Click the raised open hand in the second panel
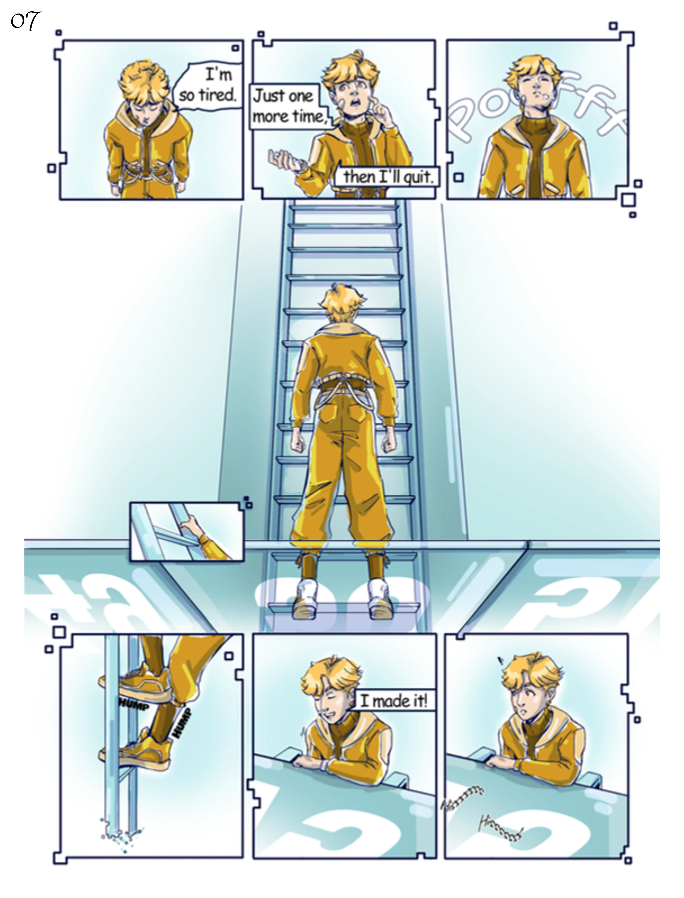coord(285,160)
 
